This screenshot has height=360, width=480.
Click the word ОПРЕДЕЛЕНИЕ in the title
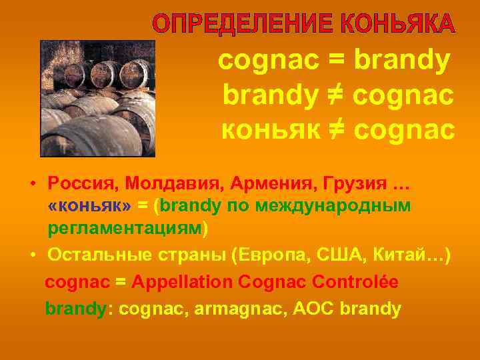(243, 23)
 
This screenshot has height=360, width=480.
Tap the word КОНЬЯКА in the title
(399, 23)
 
